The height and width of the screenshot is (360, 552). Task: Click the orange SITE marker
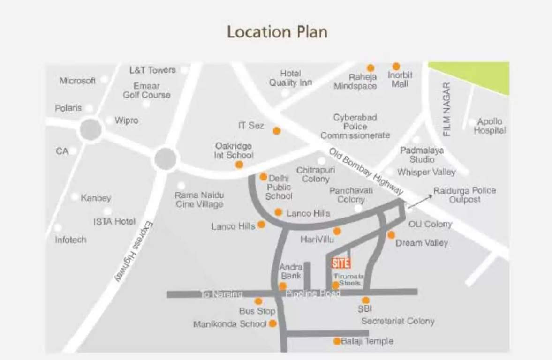pyautogui.click(x=340, y=263)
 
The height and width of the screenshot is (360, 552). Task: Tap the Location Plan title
pyautogui.click(x=277, y=32)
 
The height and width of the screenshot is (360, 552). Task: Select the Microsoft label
pyautogui.click(x=77, y=81)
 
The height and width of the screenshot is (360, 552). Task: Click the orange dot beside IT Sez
pyautogui.click(x=277, y=131)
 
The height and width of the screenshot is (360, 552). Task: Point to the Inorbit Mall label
pyautogui.click(x=400, y=79)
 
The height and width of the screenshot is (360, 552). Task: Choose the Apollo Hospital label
pyautogui.click(x=490, y=126)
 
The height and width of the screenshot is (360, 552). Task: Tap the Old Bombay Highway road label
pyautogui.click(x=366, y=172)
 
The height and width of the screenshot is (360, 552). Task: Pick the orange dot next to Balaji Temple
pyautogui.click(x=337, y=341)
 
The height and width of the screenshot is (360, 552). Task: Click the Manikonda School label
pyautogui.click(x=230, y=324)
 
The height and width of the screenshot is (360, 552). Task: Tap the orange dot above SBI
pyautogui.click(x=365, y=300)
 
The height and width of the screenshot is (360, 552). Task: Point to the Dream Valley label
pyautogui.click(x=422, y=243)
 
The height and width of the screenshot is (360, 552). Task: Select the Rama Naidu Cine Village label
pyautogui.click(x=199, y=199)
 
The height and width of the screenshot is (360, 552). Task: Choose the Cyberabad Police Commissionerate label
pyautogui.click(x=355, y=126)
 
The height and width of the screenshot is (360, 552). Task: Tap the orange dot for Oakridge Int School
pyautogui.click(x=239, y=165)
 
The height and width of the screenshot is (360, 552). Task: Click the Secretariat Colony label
pyautogui.click(x=398, y=321)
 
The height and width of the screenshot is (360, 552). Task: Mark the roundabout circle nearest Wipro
pyautogui.click(x=91, y=129)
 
